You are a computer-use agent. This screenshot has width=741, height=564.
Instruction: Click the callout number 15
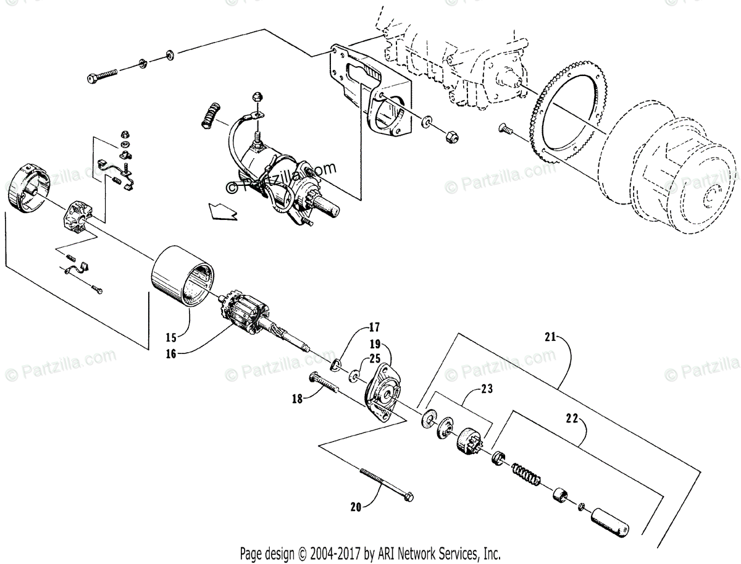pos(171,337)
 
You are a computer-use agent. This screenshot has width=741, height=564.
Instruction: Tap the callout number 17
pos(374,327)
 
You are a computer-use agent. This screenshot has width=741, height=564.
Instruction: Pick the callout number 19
pos(375,343)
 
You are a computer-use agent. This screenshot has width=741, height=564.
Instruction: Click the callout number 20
pos(356,507)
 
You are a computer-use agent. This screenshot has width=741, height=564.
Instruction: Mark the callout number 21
pos(550,337)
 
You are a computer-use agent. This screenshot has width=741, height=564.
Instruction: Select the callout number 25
pos(375,358)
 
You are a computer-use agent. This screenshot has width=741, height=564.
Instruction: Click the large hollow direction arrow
pos(222,211)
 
